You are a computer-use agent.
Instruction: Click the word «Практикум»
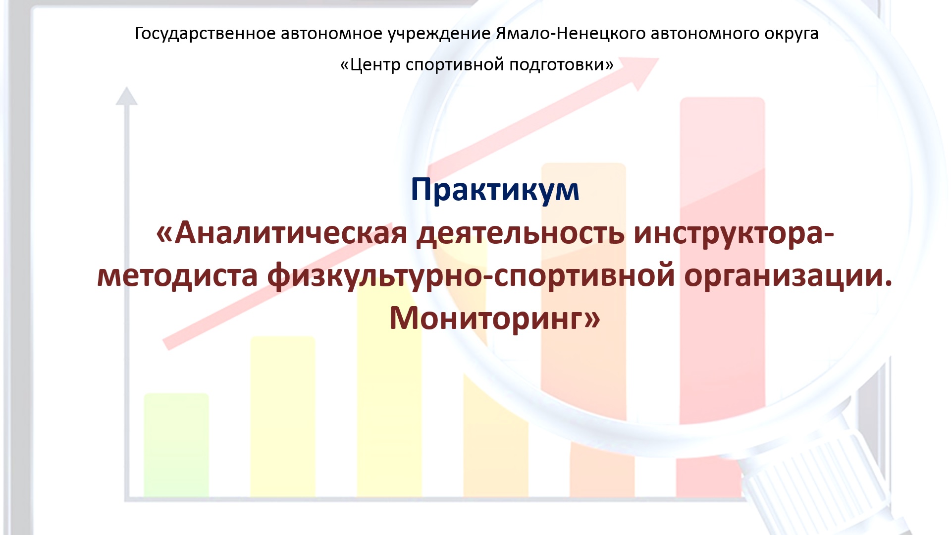tap(495, 190)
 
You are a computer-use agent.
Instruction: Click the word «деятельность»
tap(520, 233)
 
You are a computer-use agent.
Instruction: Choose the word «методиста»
tap(177, 276)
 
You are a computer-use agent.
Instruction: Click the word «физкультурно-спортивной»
tap(471, 276)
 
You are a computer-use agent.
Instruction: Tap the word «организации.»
tap(788, 276)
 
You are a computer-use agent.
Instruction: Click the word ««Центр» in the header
tap(370, 65)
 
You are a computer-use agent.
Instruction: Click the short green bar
tap(176, 445)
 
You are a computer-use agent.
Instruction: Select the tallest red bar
tap(722, 297)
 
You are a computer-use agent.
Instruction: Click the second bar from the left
tap(282, 417)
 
